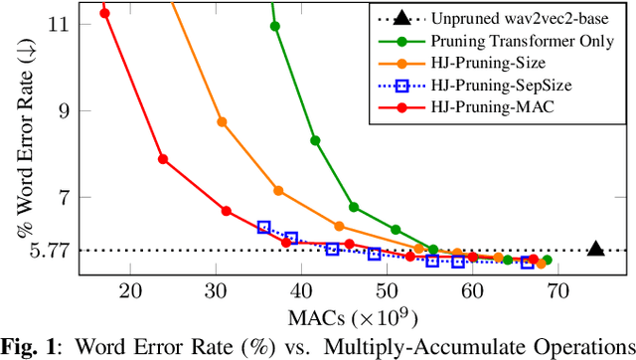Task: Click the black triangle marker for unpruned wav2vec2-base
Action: pyautogui.click(x=595, y=249)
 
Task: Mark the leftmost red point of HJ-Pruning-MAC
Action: pyautogui.click(x=105, y=13)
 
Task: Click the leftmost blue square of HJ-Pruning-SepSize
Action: pyautogui.click(x=263, y=228)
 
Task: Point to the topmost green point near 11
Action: pyautogui.click(x=275, y=26)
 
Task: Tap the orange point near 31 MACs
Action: pyautogui.click(x=222, y=122)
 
